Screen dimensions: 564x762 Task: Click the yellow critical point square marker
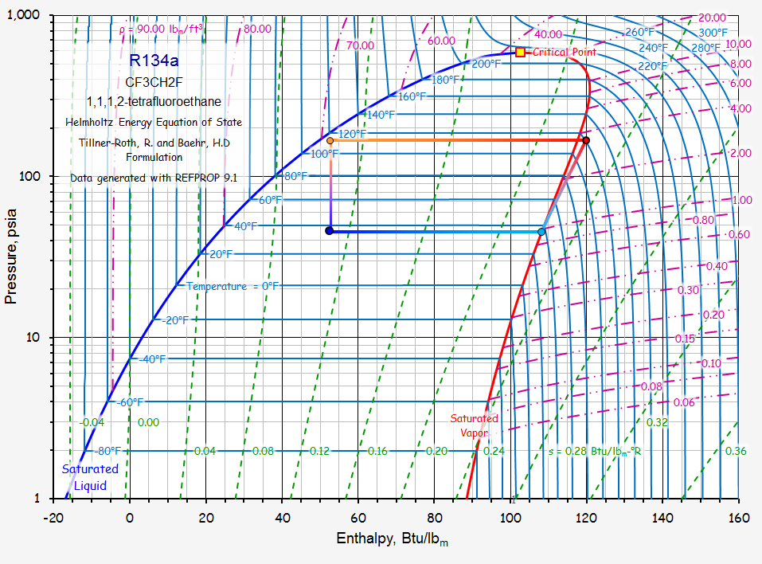(521, 52)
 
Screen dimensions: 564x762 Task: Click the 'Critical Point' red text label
(565, 52)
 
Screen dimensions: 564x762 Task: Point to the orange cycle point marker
(330, 140)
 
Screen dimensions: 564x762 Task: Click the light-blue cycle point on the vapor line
(541, 232)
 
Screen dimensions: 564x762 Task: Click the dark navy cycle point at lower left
(329, 231)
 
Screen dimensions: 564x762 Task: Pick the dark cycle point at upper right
(586, 140)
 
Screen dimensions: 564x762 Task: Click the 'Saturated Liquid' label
(90, 477)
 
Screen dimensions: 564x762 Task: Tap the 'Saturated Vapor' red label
(474, 425)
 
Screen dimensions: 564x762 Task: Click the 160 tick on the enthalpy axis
(738, 515)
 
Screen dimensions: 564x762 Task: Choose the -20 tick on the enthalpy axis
(53, 515)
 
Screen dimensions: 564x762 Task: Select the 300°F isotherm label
(713, 33)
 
